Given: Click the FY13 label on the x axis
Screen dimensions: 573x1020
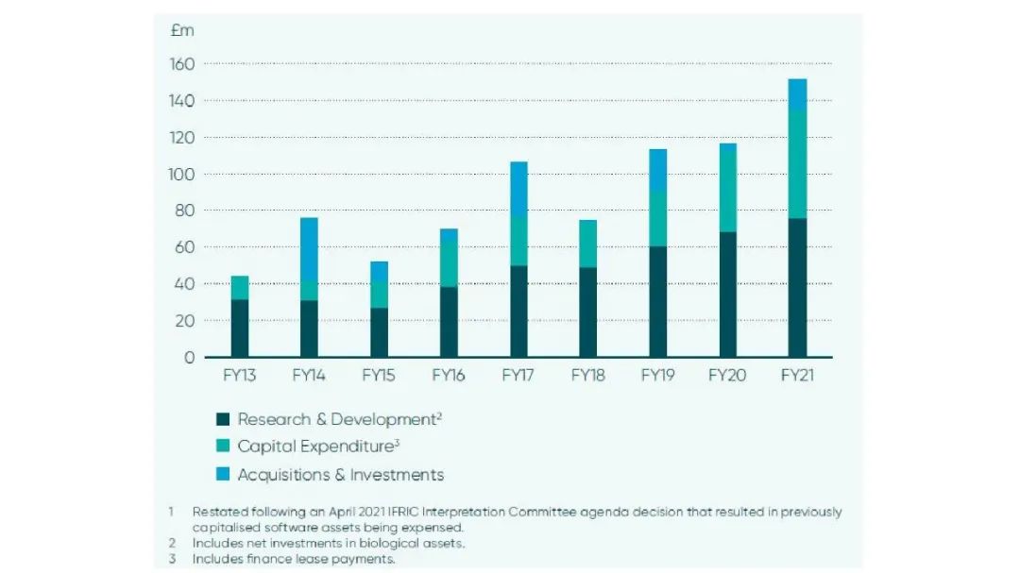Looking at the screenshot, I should (239, 376).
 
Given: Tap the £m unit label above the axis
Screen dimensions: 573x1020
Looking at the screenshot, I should (182, 30).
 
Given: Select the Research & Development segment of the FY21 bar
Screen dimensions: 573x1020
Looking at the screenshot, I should (797, 288).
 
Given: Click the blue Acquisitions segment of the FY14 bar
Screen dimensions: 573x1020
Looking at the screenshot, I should (309, 249).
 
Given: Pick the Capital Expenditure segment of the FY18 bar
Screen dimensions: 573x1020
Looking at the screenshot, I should (587, 244).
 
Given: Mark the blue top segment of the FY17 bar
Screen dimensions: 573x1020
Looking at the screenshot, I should (518, 188).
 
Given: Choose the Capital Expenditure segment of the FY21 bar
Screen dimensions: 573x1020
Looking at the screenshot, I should (797, 164).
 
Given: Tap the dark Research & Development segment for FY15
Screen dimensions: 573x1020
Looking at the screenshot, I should (379, 332).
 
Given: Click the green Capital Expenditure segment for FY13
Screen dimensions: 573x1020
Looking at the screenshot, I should (239, 287).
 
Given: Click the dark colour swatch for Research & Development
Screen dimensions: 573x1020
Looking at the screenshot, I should (223, 419).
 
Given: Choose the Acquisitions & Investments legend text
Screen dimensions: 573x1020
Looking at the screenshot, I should (340, 474).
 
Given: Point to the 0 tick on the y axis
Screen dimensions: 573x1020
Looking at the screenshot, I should (189, 358).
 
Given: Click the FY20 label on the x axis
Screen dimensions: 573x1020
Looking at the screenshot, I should (727, 376).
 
